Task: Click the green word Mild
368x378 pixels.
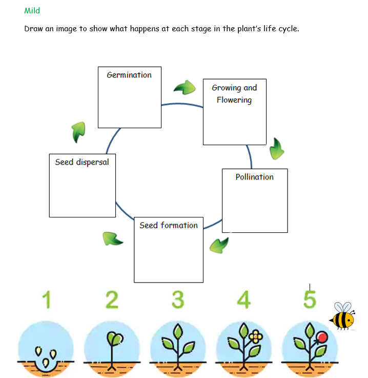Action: click(x=32, y=11)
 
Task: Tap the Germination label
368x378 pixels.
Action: click(x=129, y=75)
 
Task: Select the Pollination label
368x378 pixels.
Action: click(x=255, y=177)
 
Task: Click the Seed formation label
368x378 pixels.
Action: click(x=169, y=225)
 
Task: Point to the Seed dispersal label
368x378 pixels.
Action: click(x=82, y=162)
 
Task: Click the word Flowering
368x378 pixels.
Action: click(x=234, y=100)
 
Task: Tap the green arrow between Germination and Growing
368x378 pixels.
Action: click(x=185, y=88)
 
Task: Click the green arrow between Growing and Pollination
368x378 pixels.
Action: click(x=277, y=149)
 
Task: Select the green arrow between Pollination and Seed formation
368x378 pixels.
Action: click(x=219, y=245)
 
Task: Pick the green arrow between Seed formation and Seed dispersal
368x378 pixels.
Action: click(x=112, y=239)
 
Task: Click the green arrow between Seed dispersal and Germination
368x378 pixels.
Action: click(x=79, y=132)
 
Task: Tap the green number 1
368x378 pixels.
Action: click(x=47, y=300)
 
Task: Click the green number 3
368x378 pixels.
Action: click(x=178, y=300)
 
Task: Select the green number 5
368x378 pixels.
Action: click(x=310, y=300)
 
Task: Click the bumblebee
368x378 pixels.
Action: click(x=342, y=316)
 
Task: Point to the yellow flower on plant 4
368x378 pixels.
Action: click(x=256, y=336)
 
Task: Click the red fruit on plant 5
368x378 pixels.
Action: click(x=322, y=337)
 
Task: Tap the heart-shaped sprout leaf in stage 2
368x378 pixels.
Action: click(x=115, y=339)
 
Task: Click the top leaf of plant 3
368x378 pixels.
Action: click(x=178, y=331)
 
